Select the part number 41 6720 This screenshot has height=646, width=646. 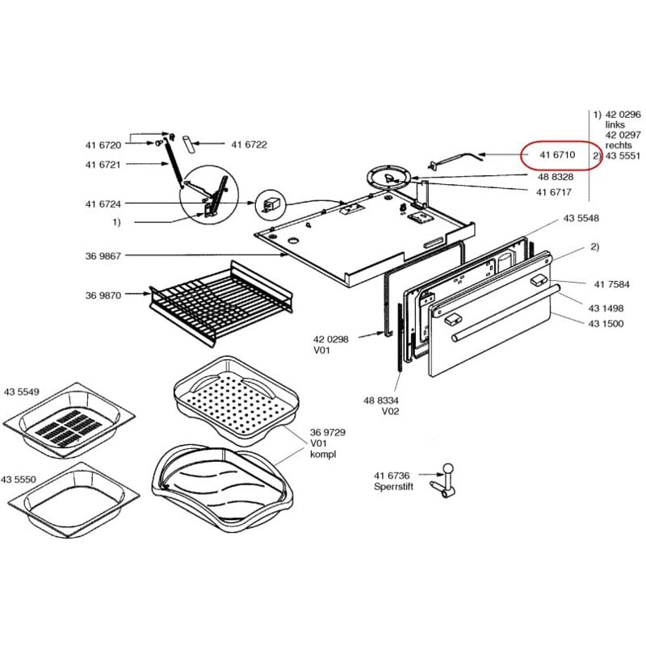[103, 145]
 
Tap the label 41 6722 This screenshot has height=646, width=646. [249, 145]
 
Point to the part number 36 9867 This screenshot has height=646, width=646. [103, 256]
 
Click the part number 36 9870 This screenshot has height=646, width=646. [103, 296]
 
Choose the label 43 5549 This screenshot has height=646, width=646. [21, 392]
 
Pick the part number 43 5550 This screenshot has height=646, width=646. [21, 480]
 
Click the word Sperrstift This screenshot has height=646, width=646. [393, 488]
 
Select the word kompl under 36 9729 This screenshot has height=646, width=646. [322, 455]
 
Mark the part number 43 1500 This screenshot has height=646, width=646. [605, 322]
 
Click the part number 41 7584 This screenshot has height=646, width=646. [611, 283]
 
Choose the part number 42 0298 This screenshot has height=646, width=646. [331, 340]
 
